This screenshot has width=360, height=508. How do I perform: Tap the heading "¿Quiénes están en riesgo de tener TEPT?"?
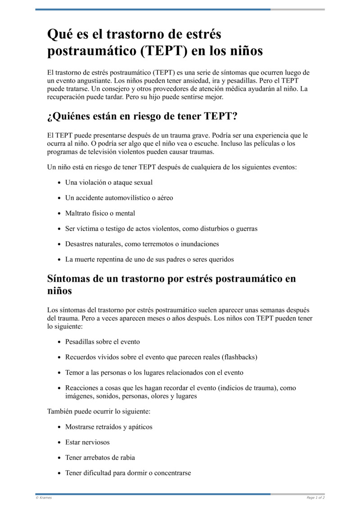tap(142, 116)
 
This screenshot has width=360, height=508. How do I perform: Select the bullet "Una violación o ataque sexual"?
tap(109, 183)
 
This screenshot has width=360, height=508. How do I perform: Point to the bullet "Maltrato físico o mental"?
tap(100, 213)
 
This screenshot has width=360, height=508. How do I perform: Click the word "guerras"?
tap(243, 229)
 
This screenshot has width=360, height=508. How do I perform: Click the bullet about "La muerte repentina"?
tap(149, 259)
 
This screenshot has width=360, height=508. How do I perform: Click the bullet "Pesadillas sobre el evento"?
tap(103, 342)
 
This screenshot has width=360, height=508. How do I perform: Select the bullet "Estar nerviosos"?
tap(87, 442)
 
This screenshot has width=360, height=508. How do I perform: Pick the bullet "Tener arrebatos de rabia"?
tap(100, 458)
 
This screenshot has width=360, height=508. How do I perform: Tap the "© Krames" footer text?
tap(43, 498)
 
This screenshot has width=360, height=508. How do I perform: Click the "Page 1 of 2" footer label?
tap(315, 498)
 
